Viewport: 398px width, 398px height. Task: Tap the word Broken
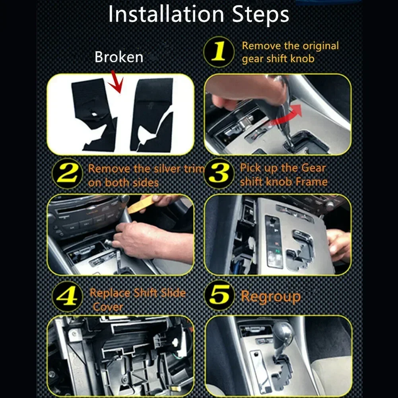point(118,57)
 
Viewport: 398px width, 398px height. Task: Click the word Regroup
point(271,297)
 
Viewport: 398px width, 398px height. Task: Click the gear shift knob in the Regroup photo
point(283,334)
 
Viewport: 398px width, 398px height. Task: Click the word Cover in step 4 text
point(108,307)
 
